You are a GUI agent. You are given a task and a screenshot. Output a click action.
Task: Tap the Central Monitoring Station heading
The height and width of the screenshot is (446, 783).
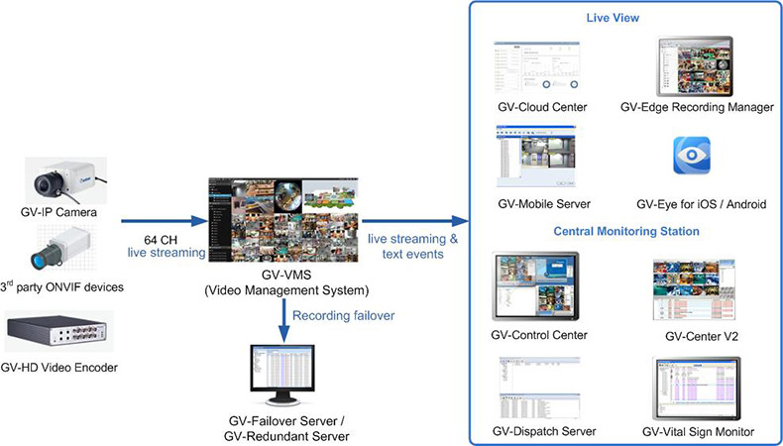tap(625, 231)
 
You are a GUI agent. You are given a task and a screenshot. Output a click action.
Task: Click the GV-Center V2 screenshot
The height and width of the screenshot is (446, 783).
tap(694, 289)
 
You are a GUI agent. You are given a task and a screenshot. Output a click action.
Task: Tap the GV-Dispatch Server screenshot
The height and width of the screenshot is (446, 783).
tap(540, 389)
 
